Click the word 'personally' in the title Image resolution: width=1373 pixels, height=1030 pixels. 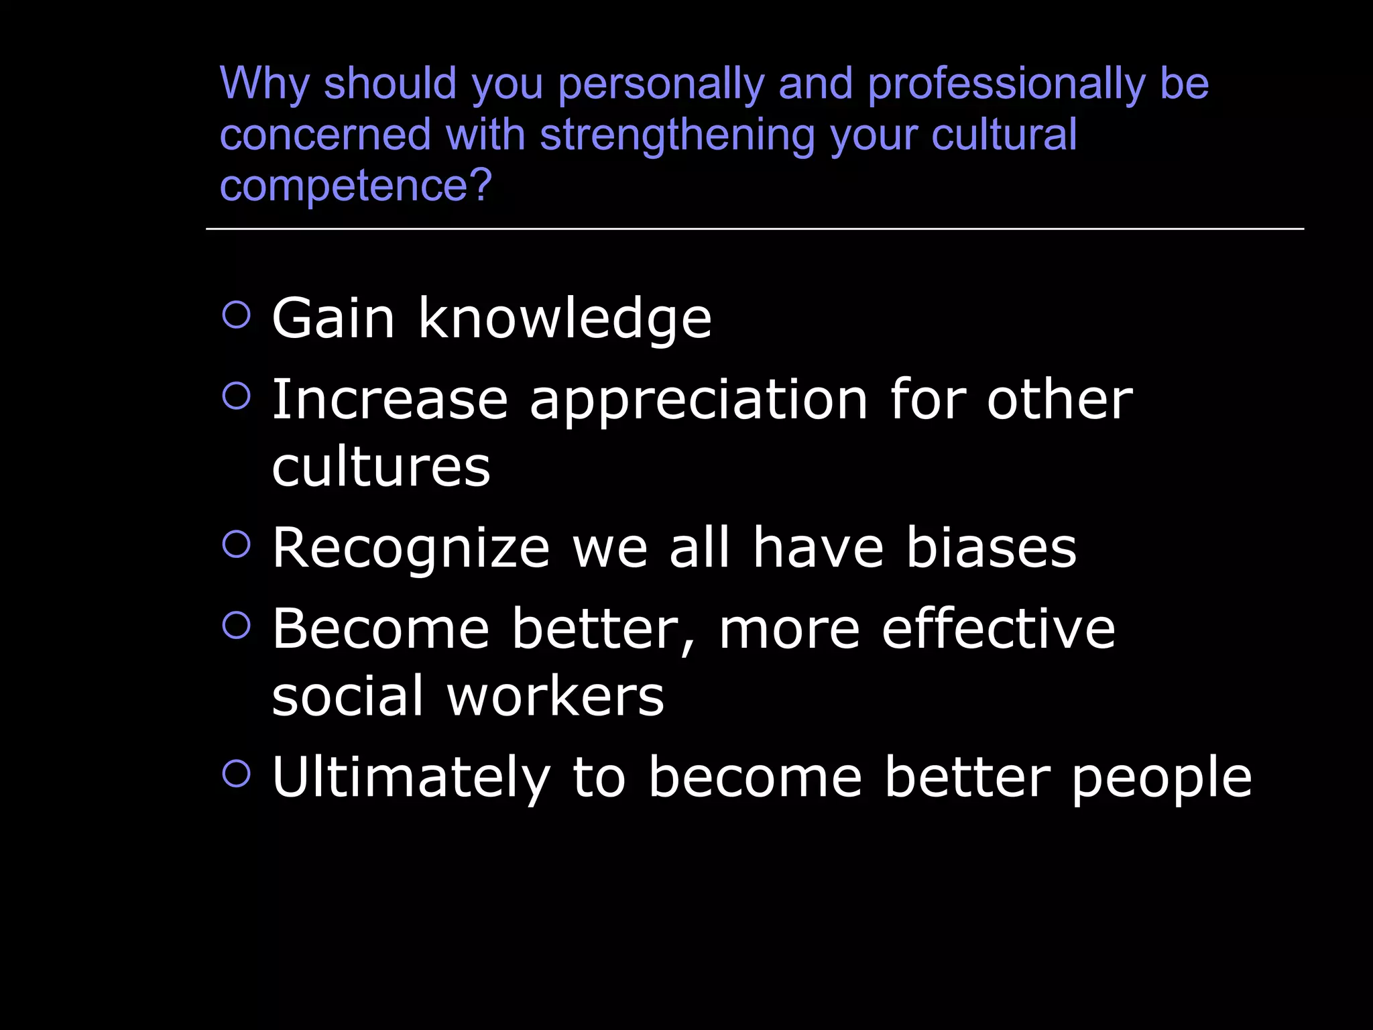pos(660,85)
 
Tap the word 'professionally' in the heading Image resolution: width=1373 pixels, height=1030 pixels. pos(1006,85)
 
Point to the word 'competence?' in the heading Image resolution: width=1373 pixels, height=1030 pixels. pos(356,186)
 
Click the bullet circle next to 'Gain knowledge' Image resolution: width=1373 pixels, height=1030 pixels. pos(236,314)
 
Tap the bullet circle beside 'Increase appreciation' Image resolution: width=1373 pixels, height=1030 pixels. pos(236,396)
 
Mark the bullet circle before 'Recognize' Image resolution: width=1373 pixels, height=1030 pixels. pos(236,544)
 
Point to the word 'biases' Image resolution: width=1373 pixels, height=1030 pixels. pos(991,548)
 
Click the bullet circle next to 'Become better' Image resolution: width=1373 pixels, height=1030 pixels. pos(236,625)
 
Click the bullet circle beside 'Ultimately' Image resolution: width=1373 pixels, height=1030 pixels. pos(236,773)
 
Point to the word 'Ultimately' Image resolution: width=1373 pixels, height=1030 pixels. pos(411,778)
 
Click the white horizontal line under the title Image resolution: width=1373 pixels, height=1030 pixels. pos(754,229)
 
